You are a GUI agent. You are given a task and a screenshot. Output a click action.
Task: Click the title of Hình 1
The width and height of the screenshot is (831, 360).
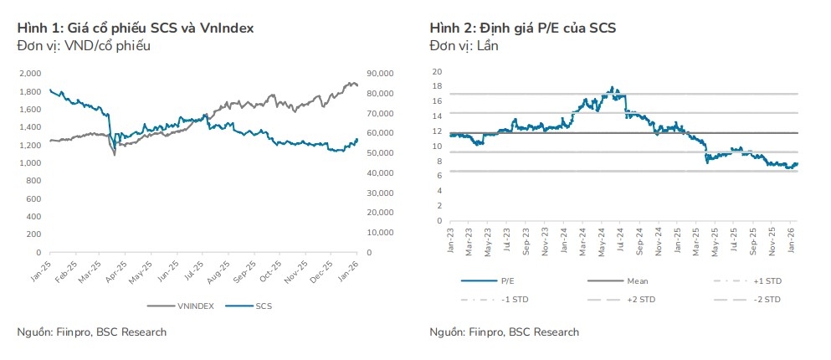tap(136, 28)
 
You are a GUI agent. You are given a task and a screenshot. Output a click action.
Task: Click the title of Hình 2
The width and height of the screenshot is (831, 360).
tap(522, 28)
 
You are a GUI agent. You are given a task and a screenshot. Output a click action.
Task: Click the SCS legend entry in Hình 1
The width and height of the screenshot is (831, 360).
tap(263, 306)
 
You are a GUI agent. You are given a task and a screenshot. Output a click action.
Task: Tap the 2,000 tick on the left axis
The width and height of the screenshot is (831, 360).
tap(30, 73)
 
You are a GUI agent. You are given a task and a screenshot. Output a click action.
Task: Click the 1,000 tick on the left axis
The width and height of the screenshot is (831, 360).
tap(30, 162)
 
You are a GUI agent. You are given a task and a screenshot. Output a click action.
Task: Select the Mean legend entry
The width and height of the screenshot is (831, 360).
tap(637, 281)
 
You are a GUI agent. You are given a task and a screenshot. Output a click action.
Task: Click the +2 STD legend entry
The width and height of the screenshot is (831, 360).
tap(641, 299)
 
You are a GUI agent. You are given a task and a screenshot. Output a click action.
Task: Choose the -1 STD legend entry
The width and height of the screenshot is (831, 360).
tap(514, 299)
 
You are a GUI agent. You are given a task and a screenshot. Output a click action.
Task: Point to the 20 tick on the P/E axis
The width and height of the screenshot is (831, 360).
tap(437, 71)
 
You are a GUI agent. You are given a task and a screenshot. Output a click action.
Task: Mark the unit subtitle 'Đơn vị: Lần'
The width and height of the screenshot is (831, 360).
tap(464, 45)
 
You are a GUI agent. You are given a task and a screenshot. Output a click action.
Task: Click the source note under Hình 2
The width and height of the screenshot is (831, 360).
tap(504, 332)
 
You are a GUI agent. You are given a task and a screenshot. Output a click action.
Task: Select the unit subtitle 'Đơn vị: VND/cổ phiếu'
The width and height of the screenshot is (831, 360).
tap(84, 45)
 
